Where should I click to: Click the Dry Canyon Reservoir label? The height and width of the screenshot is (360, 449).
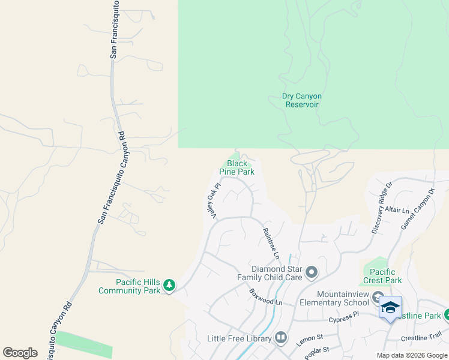[x=302, y=100]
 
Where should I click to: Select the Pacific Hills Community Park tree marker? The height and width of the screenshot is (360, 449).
[x=169, y=286]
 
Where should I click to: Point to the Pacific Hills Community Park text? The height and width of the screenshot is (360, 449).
[x=130, y=286]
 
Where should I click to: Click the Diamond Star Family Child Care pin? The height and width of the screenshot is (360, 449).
[x=311, y=273]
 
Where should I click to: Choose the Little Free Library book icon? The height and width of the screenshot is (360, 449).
[x=281, y=339]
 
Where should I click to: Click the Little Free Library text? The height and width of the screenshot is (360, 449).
[x=240, y=339]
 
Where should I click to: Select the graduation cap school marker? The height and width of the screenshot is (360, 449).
[x=390, y=307]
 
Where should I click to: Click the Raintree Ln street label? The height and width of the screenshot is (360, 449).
[x=271, y=243]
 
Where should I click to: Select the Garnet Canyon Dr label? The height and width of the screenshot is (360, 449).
[x=423, y=208]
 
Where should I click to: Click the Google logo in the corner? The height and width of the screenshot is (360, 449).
[x=20, y=353]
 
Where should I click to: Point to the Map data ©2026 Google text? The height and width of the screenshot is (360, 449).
[x=412, y=355]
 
